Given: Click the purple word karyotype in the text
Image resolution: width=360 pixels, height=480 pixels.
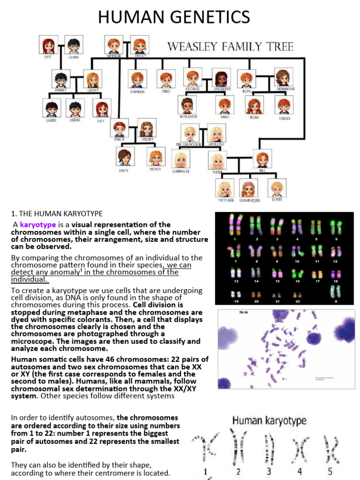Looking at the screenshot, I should click(37, 225).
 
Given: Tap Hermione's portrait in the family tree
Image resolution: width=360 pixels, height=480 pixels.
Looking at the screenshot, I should click(282, 78).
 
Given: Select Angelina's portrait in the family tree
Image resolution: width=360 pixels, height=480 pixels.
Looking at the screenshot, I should click(221, 78).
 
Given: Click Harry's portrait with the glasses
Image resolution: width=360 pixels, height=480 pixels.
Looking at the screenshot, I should click(60, 79).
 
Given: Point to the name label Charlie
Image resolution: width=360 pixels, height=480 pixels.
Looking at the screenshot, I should click(137, 92).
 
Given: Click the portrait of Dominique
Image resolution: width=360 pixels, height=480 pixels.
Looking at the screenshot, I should click(248, 188).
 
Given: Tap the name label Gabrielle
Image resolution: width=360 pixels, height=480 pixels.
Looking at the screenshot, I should click(181, 172).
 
